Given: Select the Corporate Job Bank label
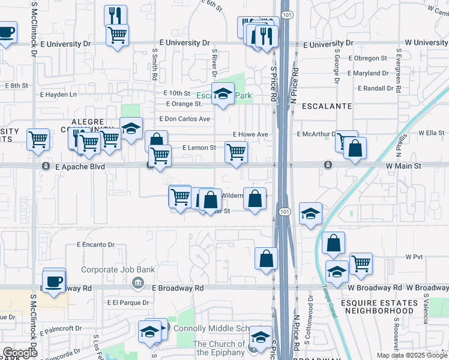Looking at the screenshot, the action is pyautogui.click(x=118, y=270).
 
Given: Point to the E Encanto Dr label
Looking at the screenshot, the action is pyautogui.click(x=95, y=245).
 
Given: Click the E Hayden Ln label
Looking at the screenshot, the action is pyautogui.click(x=59, y=95).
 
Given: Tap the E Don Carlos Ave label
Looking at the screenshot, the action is pyautogui.click(x=184, y=119).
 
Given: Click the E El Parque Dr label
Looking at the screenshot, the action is pyautogui.click(x=128, y=302).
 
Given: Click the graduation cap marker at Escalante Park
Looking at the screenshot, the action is pyautogui.click(x=223, y=94).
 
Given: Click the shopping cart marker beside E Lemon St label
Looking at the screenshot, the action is pyautogui.click(x=236, y=152).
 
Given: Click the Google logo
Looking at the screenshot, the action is pyautogui.click(x=19, y=353).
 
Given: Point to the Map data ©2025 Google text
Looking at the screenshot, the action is pyautogui.click(x=411, y=355).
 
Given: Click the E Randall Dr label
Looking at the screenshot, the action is pyautogui.click(x=379, y=88).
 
